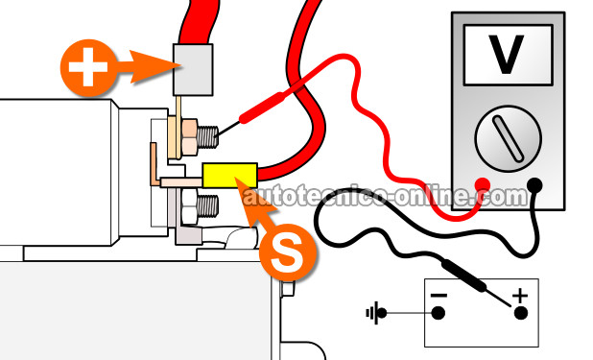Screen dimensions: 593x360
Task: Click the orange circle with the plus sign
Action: pyautogui.click(x=88, y=67)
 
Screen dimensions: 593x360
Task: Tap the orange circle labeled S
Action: pyautogui.click(x=288, y=252)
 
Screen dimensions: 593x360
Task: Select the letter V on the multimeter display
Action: pyautogui.click(x=507, y=54)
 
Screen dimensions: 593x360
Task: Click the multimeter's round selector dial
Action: pyautogui.click(x=508, y=138)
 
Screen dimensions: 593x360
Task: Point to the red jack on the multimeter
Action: pyautogui.click(x=483, y=185)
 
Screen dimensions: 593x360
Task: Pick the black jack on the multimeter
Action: pyautogui.click(x=534, y=185)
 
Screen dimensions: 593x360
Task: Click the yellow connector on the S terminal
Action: pyautogui.click(x=230, y=176)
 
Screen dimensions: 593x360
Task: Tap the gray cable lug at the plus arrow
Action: pyautogui.click(x=193, y=70)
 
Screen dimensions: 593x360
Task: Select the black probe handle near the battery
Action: pyautogui.click(x=464, y=276)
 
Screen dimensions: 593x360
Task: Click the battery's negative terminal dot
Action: pyautogui.click(x=439, y=313)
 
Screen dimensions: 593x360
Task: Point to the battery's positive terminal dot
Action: pyautogui.click(x=521, y=313)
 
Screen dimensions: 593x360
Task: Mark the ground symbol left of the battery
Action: pyautogui.click(x=376, y=313)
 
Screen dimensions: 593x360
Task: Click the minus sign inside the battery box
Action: pyautogui.click(x=439, y=296)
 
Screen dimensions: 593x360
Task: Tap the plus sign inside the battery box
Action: pyautogui.click(x=520, y=296)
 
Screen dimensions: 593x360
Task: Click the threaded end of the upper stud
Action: pyautogui.click(x=207, y=136)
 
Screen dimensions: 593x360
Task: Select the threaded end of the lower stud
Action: pyautogui.click(x=207, y=206)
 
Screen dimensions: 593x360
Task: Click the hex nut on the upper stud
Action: pyautogui.click(x=189, y=137)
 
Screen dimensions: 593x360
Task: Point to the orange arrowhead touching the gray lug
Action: pyautogui.click(x=155, y=66)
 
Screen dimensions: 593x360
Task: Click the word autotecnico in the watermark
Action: pyautogui.click(x=311, y=196)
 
